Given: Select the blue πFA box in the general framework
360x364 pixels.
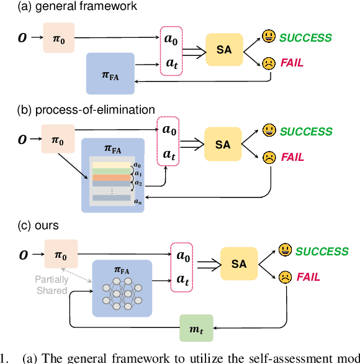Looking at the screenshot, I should pos(110,73).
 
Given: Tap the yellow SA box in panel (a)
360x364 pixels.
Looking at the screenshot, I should pos(224,50).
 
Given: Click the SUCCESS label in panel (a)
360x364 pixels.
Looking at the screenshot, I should pos(305,38).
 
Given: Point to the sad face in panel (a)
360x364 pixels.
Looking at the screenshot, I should pos(268,63).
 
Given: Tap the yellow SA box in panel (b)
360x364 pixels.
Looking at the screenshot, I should pos(223,144).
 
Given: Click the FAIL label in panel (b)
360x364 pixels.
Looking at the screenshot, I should pos(292,158).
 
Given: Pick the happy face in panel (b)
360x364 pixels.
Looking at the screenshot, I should pos(268,131).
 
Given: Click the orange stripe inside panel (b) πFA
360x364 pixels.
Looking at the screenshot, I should pos(112,177).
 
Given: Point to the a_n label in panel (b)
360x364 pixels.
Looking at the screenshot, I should pos(138,202).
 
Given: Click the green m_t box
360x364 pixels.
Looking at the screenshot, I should pos(196,327).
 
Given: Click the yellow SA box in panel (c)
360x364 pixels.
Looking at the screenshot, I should pos(239,264).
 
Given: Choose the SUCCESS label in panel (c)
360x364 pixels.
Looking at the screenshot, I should pos(322,252).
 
